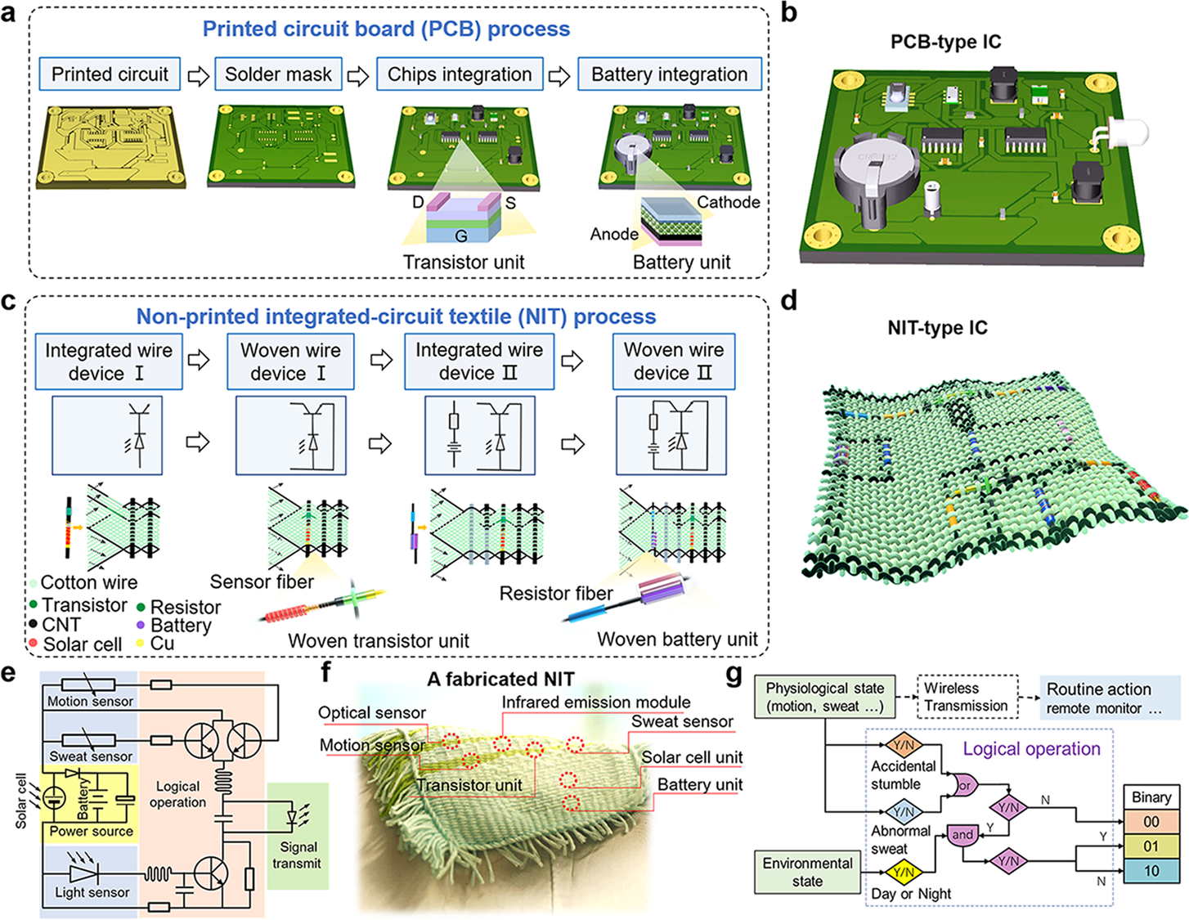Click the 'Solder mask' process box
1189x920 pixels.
click(278, 74)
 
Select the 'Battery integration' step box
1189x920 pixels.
click(669, 74)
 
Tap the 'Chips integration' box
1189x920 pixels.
click(460, 74)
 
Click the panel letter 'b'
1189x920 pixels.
click(789, 14)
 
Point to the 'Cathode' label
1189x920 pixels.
click(728, 202)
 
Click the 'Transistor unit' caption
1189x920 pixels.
click(464, 263)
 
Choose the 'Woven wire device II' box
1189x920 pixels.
click(673, 361)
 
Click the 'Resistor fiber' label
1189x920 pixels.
click(556, 594)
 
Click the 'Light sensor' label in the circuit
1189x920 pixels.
click(92, 892)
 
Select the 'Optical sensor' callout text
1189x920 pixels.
click(372, 713)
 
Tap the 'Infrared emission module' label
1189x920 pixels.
click(595, 702)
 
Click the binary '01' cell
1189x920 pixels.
click(1151, 846)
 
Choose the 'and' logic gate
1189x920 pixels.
click(962, 835)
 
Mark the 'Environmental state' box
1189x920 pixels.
click(807, 873)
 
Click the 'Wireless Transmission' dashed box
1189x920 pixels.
click(967, 697)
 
